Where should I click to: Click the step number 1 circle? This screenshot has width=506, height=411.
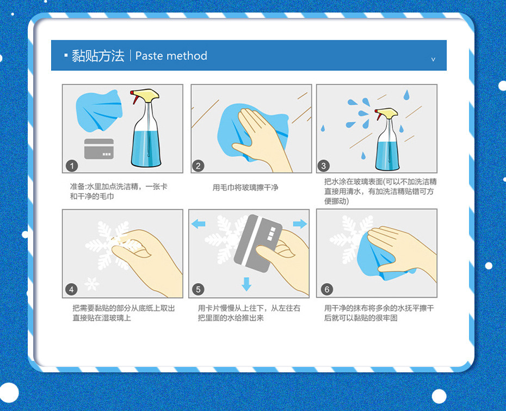72,166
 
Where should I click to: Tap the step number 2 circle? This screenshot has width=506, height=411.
198,166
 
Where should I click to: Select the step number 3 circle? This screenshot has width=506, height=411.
323,166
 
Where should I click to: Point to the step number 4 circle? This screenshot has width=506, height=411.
71,289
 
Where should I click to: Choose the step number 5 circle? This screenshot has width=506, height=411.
198,289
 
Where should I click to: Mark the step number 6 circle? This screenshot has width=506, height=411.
326,289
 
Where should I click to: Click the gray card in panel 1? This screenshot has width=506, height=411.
98,149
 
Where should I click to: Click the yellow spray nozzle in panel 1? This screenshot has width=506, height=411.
146,95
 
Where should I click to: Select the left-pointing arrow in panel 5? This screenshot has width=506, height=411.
199,224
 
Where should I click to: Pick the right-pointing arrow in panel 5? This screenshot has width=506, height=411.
300,224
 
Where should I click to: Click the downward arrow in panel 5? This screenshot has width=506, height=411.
246,284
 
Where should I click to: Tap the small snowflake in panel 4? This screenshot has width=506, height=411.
91,284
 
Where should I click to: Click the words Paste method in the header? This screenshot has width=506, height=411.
171,56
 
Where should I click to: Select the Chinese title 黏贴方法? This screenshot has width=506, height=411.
98,56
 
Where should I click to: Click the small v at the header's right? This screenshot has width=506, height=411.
433,59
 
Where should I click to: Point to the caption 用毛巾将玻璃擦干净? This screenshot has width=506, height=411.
245,188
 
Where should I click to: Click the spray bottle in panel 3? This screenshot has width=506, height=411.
387,139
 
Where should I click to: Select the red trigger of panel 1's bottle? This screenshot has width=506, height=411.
133,96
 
